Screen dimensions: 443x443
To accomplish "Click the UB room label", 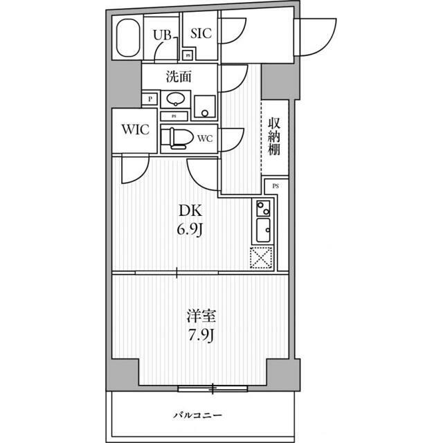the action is click(x=162, y=35).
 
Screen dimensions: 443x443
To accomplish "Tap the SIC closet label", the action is click(x=201, y=33).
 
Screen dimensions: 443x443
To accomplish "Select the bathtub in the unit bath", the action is click(x=128, y=37).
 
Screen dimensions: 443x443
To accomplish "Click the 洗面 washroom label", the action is click(x=179, y=76).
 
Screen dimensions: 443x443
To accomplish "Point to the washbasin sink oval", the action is click(x=176, y=100).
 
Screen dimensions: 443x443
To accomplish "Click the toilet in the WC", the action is click(x=177, y=138).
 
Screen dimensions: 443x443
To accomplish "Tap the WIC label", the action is click(x=136, y=129).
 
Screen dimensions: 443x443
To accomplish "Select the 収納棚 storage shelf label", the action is click(x=274, y=136).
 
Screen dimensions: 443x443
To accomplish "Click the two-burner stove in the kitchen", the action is click(x=263, y=208).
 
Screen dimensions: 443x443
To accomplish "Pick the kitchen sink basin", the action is click(x=263, y=230).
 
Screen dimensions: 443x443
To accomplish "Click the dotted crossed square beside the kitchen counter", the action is click(x=262, y=257).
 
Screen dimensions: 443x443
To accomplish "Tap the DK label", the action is click(x=190, y=210).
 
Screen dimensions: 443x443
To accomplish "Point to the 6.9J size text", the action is click(x=190, y=230).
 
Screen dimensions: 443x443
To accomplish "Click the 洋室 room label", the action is click(x=201, y=316).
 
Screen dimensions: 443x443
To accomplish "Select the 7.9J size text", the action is click(x=201, y=336).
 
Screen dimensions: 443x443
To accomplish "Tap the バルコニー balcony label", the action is click(x=197, y=415).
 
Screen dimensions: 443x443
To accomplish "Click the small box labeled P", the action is click(x=150, y=99).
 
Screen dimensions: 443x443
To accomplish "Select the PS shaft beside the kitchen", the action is click(x=276, y=186).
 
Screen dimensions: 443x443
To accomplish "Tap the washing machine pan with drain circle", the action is click(x=205, y=107).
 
